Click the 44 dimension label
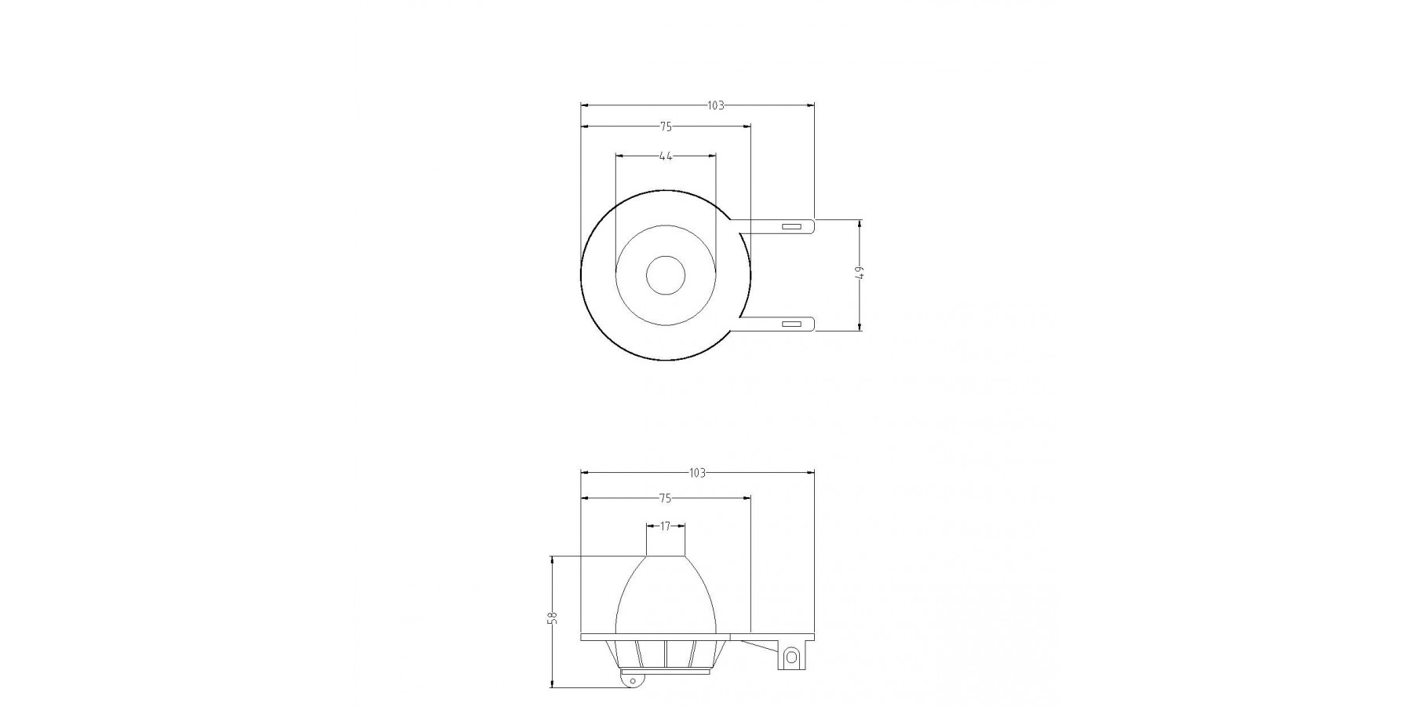coord(666,156)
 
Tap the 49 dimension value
coord(860,273)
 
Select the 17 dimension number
coord(666,526)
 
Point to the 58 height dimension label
coord(553,617)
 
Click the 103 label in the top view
coord(715,105)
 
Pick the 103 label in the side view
coord(697,473)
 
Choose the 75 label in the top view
coord(666,126)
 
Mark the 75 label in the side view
coord(666,498)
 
